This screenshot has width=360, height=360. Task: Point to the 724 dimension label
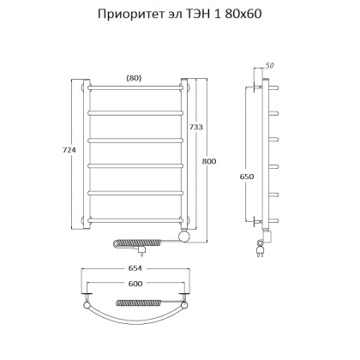point(57,151)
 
